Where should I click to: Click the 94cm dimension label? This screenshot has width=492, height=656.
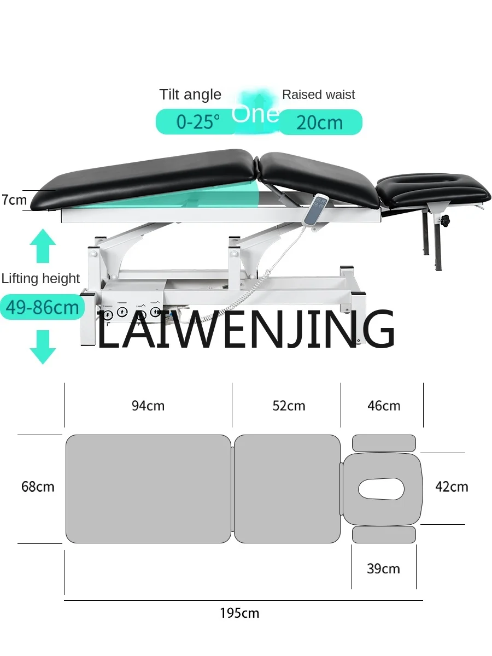click(x=148, y=406)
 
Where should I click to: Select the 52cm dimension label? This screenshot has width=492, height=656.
click(x=289, y=406)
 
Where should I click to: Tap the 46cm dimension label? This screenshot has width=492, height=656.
click(x=383, y=406)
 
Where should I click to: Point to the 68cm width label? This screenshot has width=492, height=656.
click(x=38, y=486)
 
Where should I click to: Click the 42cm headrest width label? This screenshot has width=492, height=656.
click(x=452, y=486)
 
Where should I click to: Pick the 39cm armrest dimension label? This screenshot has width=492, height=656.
click(x=383, y=569)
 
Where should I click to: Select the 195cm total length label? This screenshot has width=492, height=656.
click(x=239, y=613)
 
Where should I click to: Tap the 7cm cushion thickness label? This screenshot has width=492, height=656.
click(x=14, y=200)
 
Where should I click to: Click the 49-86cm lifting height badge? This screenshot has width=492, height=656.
click(x=43, y=307)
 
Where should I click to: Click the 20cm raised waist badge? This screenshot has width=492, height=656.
click(x=320, y=122)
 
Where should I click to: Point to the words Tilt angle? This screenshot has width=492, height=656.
click(x=190, y=95)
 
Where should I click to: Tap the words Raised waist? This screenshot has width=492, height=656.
click(x=318, y=95)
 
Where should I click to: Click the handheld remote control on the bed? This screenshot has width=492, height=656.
click(x=318, y=208)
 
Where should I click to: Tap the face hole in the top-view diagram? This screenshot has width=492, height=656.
click(x=382, y=488)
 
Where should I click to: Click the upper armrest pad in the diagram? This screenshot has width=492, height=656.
click(x=384, y=443)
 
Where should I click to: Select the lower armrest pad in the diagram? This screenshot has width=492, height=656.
click(x=384, y=534)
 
